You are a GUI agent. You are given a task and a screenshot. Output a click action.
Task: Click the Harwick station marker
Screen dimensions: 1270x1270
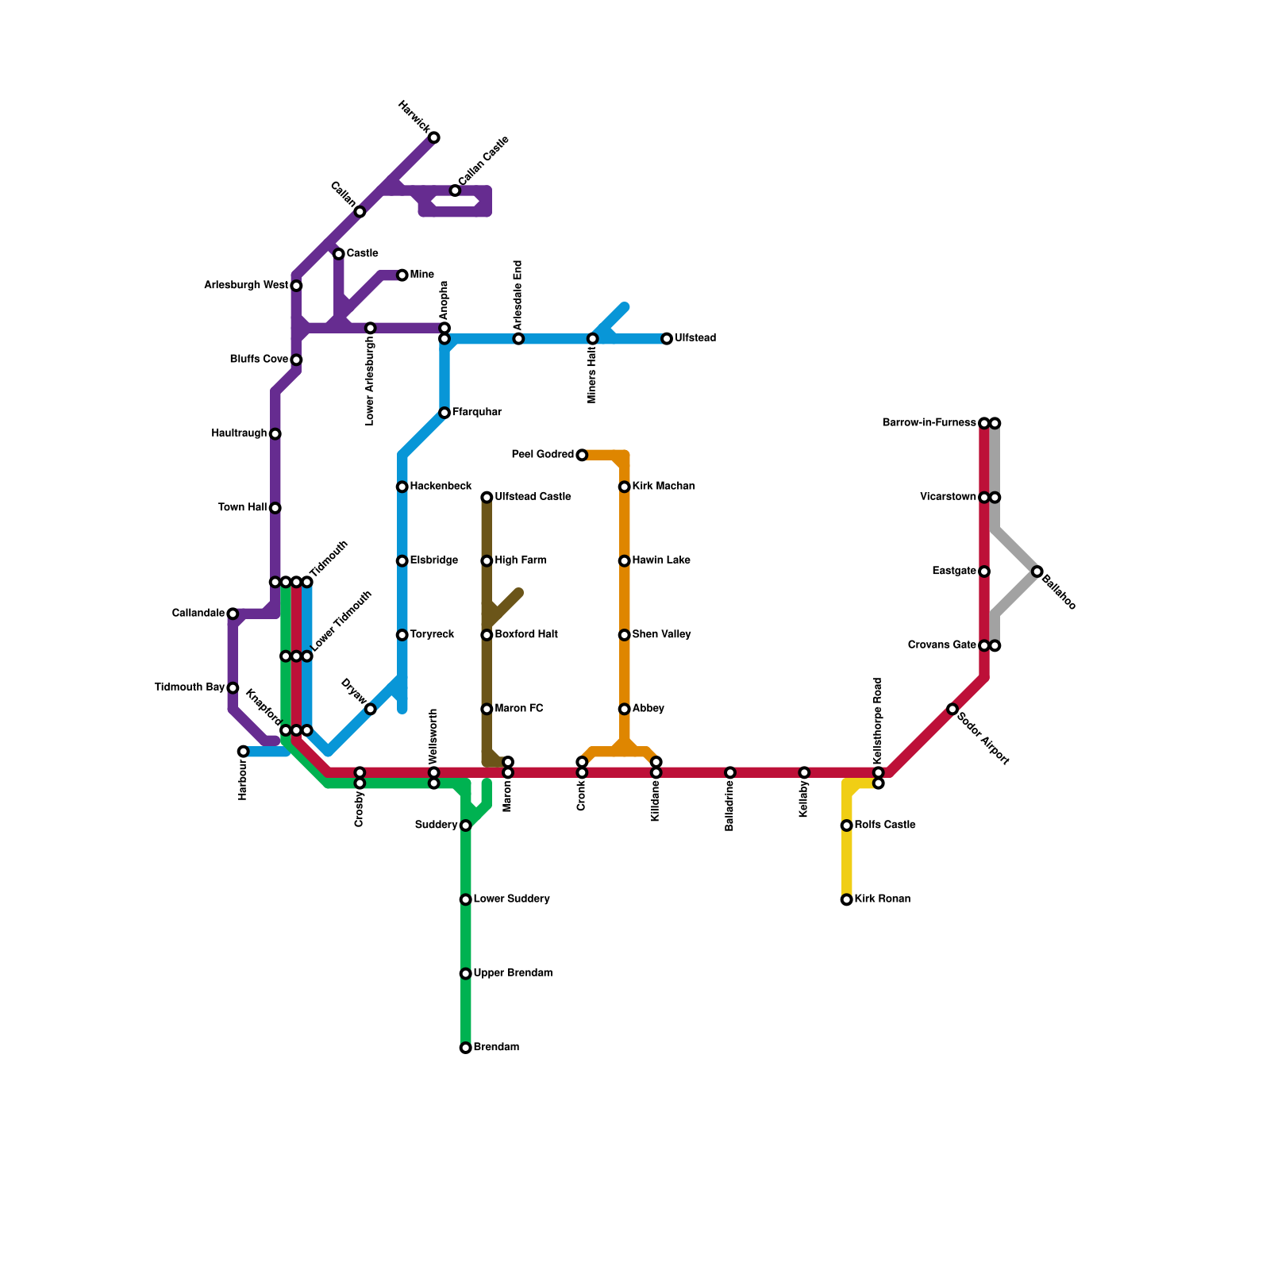pos(434,138)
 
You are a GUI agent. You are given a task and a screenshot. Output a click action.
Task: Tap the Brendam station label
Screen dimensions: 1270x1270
pos(496,1048)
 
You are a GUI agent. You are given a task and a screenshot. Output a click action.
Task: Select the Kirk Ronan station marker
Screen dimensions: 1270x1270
pos(847,900)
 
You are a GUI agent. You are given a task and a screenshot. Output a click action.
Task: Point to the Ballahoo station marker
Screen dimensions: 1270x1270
pos(1037,571)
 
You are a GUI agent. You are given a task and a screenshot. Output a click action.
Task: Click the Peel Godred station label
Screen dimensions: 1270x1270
pos(542,455)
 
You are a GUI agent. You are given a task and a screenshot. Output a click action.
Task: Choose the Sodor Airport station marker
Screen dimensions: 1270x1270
pos(952,709)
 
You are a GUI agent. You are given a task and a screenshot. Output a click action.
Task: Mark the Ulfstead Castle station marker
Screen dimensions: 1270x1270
pos(487,498)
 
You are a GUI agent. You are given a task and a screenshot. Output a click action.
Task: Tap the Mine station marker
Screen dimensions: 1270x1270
pos(402,275)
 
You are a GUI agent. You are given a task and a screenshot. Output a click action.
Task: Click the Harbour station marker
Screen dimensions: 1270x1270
pos(244,752)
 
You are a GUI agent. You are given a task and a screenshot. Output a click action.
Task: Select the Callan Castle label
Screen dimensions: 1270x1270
pos(483,162)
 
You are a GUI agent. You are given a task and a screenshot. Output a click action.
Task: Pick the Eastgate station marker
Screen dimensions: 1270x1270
pos(984,571)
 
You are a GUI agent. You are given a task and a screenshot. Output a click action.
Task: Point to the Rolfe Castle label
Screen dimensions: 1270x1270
pos(885,825)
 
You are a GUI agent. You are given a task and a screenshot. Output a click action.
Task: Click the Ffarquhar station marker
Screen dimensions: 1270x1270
pos(444,413)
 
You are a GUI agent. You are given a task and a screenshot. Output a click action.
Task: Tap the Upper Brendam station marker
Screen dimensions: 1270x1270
pos(466,974)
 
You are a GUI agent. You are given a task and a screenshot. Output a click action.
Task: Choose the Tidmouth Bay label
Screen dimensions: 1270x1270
pos(189,687)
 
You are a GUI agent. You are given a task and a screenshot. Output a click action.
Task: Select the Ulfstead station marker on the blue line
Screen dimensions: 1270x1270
pos(667,339)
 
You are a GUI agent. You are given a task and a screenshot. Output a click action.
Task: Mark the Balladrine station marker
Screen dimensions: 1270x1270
pos(730,772)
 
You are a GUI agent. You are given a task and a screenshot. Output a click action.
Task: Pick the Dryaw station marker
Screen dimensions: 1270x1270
pos(371,709)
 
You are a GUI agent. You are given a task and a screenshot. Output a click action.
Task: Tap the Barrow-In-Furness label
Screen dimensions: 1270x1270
pos(929,423)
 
